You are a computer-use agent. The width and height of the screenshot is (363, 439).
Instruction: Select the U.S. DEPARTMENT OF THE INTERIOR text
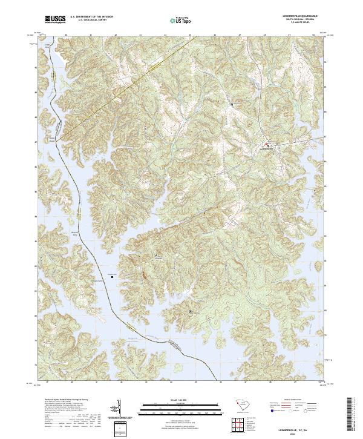(91, 17)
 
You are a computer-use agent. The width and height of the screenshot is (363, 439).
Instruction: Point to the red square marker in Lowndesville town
(267, 144)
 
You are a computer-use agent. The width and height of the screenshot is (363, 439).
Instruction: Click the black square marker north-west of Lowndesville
(232, 105)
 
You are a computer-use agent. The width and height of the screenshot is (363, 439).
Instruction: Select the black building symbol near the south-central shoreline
(190, 311)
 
